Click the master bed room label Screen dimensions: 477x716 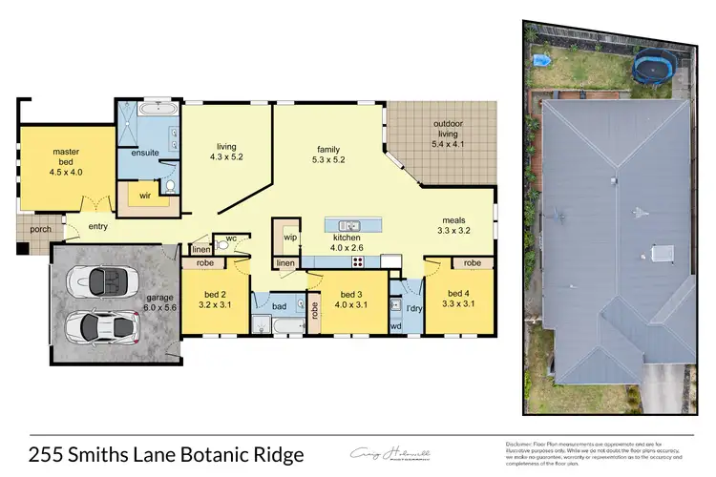(66, 152)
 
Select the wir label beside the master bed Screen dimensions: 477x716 (145, 195)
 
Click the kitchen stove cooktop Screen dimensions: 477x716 (360, 261)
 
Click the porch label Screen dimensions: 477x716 (39, 228)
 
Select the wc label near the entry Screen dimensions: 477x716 (231, 238)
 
